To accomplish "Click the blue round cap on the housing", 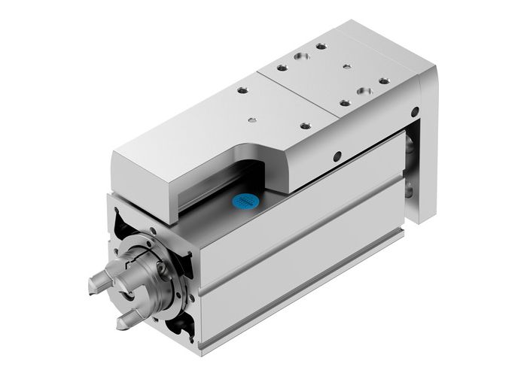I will pos(245,202).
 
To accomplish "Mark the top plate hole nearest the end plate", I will pos(384,80).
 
